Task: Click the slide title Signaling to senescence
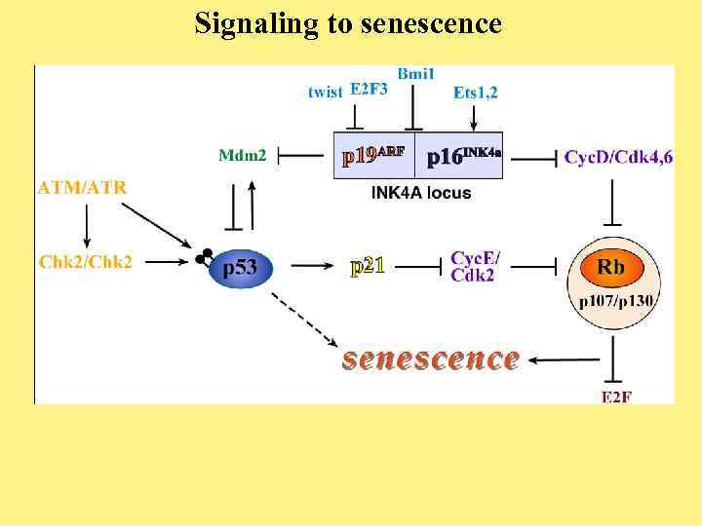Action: (x=348, y=22)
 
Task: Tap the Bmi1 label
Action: (x=416, y=74)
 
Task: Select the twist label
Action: (x=325, y=92)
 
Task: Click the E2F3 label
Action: (x=369, y=90)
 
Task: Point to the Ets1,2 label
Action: (x=476, y=92)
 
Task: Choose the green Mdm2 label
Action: (x=243, y=155)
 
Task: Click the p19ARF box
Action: (x=374, y=156)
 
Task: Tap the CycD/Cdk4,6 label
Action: (x=618, y=156)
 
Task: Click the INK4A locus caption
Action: (x=421, y=193)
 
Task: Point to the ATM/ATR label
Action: (x=82, y=187)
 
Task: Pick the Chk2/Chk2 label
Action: (x=86, y=261)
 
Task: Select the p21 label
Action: (x=368, y=265)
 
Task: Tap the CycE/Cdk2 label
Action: (x=475, y=266)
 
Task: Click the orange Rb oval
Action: (x=611, y=266)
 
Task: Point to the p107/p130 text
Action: (x=616, y=300)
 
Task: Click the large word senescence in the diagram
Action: (x=430, y=357)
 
